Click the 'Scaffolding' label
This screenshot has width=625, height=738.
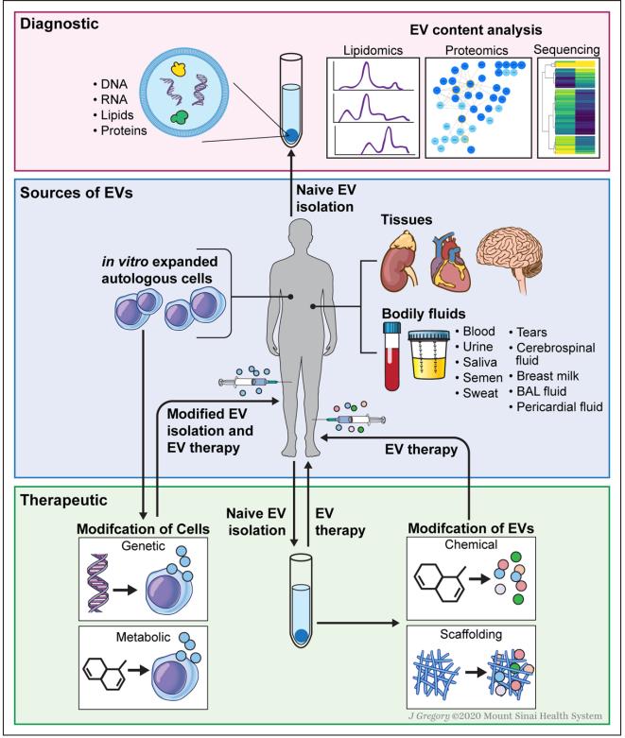click(x=477, y=637)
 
